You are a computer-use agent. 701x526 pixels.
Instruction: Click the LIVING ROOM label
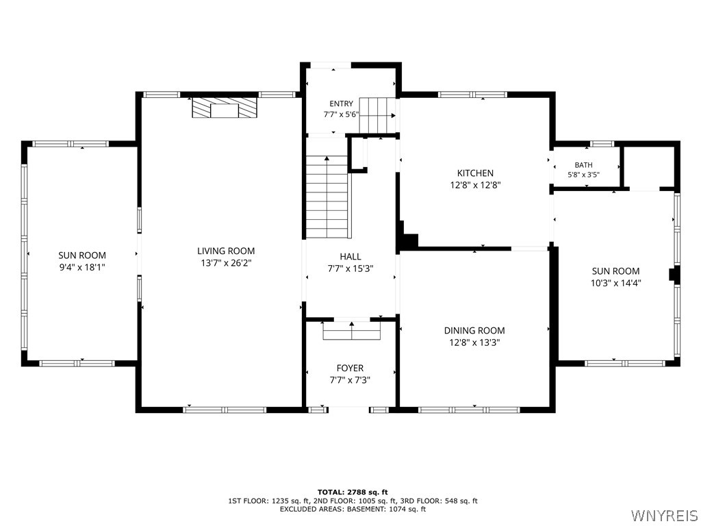(226, 251)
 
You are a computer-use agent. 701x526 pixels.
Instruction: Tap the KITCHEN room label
(475, 173)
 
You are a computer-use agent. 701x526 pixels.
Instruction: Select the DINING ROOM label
(474, 331)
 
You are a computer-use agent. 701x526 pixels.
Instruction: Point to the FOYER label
(350, 368)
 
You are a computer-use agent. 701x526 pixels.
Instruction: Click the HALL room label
(350, 257)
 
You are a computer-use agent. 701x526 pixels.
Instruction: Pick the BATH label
(583, 165)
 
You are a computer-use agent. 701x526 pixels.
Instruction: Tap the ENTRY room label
(341, 104)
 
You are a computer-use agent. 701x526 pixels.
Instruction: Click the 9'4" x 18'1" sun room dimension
(82, 268)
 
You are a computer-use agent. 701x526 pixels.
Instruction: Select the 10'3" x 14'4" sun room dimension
(615, 283)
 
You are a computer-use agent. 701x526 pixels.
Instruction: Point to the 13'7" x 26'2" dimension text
(226, 263)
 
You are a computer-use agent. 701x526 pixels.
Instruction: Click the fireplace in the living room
(225, 108)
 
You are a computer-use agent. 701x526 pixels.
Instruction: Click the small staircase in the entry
(378, 115)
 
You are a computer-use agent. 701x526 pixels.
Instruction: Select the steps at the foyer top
(351, 331)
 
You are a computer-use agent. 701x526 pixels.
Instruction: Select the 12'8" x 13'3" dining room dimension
(474, 342)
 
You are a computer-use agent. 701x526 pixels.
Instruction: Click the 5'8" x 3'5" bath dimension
(583, 175)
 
